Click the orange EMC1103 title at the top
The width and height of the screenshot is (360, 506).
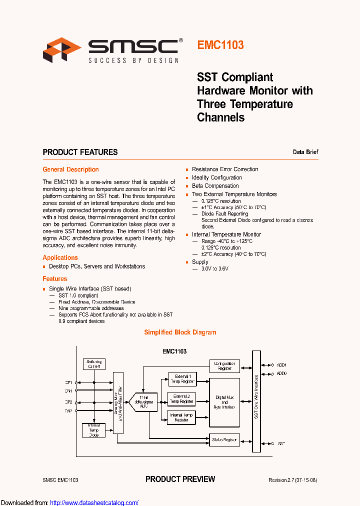(x=220, y=45)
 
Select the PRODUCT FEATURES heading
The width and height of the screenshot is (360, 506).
(x=80, y=152)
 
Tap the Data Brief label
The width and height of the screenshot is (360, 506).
(x=305, y=152)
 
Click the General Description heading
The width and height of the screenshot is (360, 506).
(x=70, y=169)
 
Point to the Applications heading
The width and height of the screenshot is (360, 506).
(x=60, y=257)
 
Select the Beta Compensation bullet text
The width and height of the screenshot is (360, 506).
(x=215, y=186)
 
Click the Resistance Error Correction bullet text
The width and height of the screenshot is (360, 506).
(x=225, y=169)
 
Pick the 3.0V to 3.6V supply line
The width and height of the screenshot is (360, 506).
(x=214, y=269)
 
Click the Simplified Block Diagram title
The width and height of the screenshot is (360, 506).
(x=180, y=332)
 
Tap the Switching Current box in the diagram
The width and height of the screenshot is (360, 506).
(x=94, y=364)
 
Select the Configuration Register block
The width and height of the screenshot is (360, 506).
(x=224, y=366)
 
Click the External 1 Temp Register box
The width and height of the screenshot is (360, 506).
(x=181, y=379)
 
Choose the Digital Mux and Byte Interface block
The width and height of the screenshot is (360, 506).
(x=224, y=402)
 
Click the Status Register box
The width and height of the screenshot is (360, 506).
(x=224, y=440)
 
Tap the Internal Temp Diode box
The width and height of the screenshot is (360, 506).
(x=94, y=430)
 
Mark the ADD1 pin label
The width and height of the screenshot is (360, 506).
(x=281, y=365)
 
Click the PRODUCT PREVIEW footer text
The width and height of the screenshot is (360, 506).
(x=180, y=479)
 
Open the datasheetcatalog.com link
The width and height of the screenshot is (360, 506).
(x=94, y=502)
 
